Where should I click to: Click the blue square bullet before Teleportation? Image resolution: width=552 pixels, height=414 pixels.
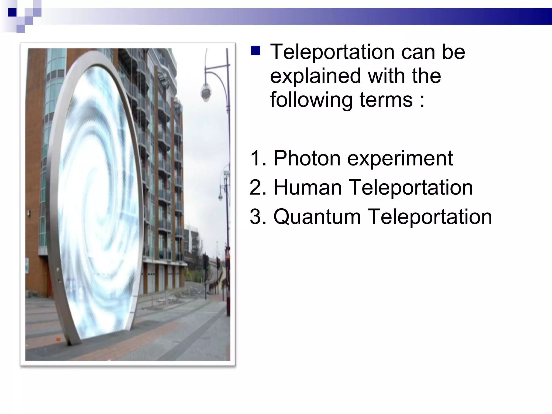point(255,51)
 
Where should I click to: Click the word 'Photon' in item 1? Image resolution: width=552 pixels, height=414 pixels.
point(307,158)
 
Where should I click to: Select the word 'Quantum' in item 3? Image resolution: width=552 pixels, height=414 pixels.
point(317,217)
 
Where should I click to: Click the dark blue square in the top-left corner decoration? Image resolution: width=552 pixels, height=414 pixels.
point(12,12)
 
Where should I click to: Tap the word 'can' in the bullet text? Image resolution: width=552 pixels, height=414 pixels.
point(418,52)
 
